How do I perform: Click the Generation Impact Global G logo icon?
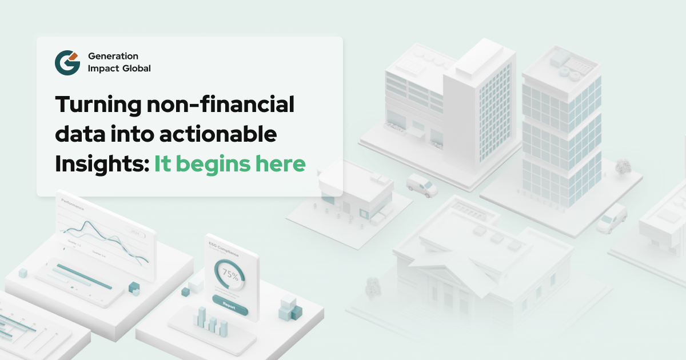[67, 62]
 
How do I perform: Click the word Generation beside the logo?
[113, 56]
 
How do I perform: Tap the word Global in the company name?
[135, 69]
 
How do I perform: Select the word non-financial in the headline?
[220, 105]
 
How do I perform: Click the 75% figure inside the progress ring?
[230, 274]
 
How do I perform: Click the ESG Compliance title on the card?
[224, 251]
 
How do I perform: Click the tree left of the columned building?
[373, 286]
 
